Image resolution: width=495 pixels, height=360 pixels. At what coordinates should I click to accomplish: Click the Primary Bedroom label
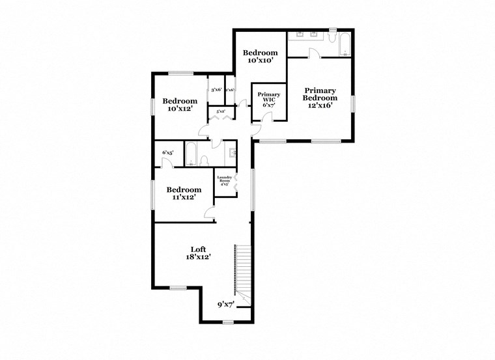320,98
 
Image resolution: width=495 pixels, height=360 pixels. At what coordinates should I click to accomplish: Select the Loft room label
198,253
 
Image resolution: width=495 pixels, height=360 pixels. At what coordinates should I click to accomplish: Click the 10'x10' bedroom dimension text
260,61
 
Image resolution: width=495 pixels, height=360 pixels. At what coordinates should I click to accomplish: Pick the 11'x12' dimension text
183,197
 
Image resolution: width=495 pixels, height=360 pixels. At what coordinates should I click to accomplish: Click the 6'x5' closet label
167,153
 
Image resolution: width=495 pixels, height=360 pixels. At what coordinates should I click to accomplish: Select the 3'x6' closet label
216,90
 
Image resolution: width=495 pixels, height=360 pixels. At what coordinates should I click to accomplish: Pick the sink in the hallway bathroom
233,154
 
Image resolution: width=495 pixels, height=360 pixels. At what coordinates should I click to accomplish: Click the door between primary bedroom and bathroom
315,56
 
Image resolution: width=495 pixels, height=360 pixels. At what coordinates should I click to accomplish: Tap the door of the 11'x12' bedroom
210,212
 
